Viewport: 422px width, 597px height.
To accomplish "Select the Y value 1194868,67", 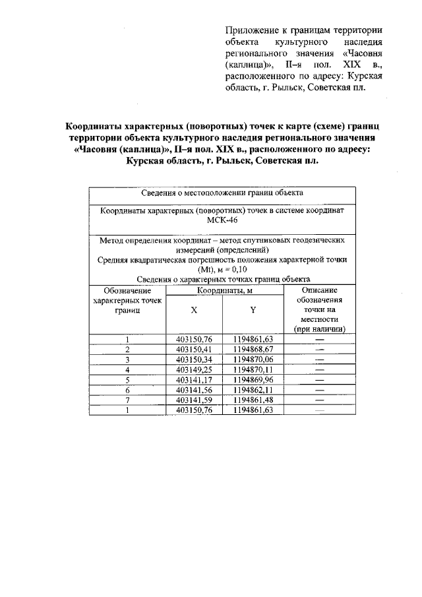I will [x=253, y=349].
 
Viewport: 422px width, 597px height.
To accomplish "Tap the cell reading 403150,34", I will [x=193, y=360].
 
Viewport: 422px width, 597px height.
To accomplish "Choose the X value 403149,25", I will [x=193, y=369].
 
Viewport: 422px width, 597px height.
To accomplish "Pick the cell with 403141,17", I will [x=193, y=380].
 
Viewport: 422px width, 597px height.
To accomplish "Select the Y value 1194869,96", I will [x=253, y=380].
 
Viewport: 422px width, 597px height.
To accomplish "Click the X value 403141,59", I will [x=193, y=400].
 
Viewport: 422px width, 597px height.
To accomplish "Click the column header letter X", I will [x=193, y=310].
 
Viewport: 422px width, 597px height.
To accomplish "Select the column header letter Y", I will [x=253, y=310].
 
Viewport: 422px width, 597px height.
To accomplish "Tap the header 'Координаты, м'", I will [x=223, y=290].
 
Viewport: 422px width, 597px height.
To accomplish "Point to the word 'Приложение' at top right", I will [x=251, y=30].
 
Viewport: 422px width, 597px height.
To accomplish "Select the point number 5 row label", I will [x=126, y=380].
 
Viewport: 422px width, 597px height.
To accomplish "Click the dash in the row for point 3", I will [x=320, y=360].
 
